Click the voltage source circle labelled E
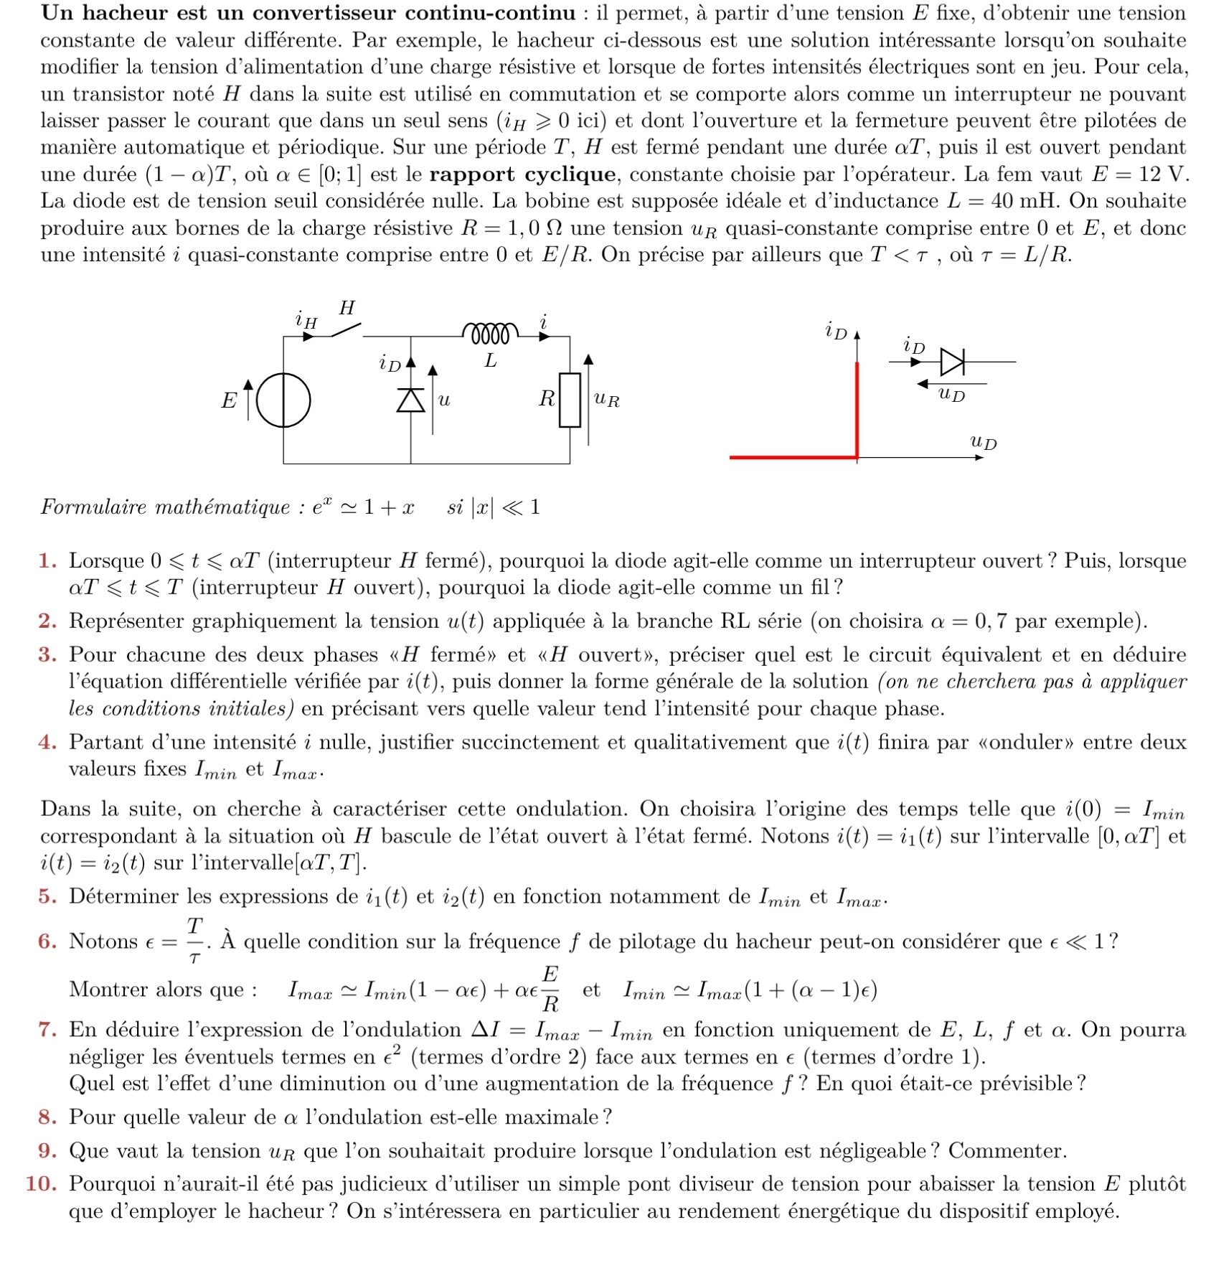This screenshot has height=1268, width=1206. tap(283, 400)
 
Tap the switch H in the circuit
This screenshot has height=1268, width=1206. tap(346, 330)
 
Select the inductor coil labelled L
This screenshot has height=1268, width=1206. tap(490, 334)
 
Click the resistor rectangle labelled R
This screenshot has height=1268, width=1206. tap(570, 400)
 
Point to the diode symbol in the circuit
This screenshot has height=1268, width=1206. tap(410, 400)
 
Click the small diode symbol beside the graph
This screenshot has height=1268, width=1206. tap(952, 362)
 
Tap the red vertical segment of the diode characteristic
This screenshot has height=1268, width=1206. tap(857, 409)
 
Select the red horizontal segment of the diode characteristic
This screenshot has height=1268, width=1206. tap(793, 456)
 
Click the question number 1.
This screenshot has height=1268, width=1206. tap(47, 560)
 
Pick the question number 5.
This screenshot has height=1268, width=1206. tap(47, 896)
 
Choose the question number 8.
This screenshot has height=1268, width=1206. tap(47, 1117)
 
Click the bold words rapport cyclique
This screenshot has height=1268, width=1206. tap(522, 174)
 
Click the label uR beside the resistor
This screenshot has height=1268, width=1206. tap(607, 400)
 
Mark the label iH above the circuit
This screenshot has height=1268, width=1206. tap(306, 319)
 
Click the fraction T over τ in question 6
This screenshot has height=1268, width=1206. tap(194, 940)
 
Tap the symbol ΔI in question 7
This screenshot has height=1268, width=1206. tap(486, 1030)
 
